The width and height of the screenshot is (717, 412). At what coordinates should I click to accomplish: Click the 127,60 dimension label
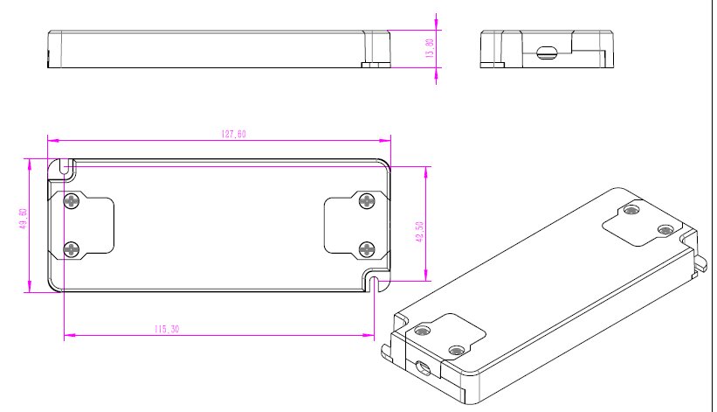(x=234, y=134)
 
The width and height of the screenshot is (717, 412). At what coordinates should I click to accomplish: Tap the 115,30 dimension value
(x=167, y=329)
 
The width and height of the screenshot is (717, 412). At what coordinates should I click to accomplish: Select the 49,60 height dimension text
(x=24, y=219)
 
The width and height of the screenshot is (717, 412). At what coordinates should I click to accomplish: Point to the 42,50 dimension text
(x=420, y=232)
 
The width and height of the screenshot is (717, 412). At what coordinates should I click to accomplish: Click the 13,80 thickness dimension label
(x=430, y=48)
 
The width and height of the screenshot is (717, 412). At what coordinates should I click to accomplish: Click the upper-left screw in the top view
(x=72, y=200)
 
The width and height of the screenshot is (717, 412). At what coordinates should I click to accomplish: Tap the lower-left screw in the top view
(x=72, y=250)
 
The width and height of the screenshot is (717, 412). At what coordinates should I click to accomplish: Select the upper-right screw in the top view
(x=367, y=200)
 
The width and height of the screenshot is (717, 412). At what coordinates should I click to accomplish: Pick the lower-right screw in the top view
(x=367, y=250)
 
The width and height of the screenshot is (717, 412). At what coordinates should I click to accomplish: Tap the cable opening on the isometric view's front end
(x=423, y=367)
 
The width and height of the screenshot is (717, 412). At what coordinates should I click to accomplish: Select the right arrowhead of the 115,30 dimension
(x=369, y=335)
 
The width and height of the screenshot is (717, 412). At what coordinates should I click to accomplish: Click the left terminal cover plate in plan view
(x=81, y=226)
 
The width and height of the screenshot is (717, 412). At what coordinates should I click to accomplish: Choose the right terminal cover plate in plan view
(x=357, y=226)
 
